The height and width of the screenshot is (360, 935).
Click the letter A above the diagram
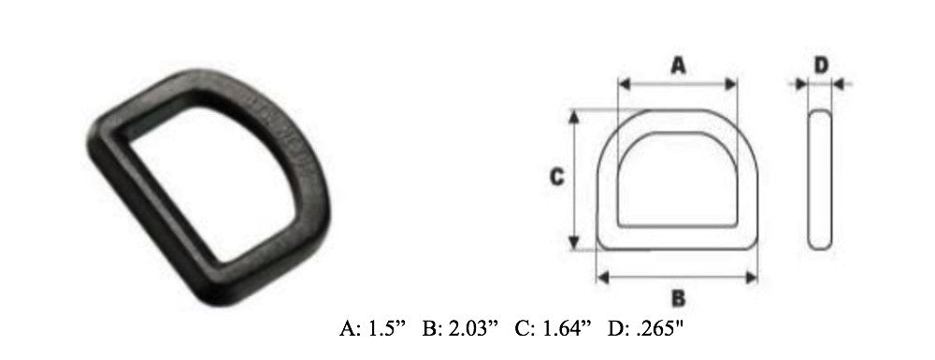pyautogui.click(x=678, y=65)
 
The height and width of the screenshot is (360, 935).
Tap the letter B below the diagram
pyautogui.click(x=678, y=298)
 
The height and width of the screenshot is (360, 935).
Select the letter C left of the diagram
pyautogui.click(x=557, y=177)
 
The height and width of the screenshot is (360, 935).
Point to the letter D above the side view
pyautogui.click(x=822, y=65)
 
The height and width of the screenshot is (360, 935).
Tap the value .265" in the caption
pyautogui.click(x=658, y=328)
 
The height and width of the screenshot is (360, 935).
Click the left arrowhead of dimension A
pyautogui.click(x=625, y=84)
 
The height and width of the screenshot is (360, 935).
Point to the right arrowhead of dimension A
pyautogui.click(x=731, y=84)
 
